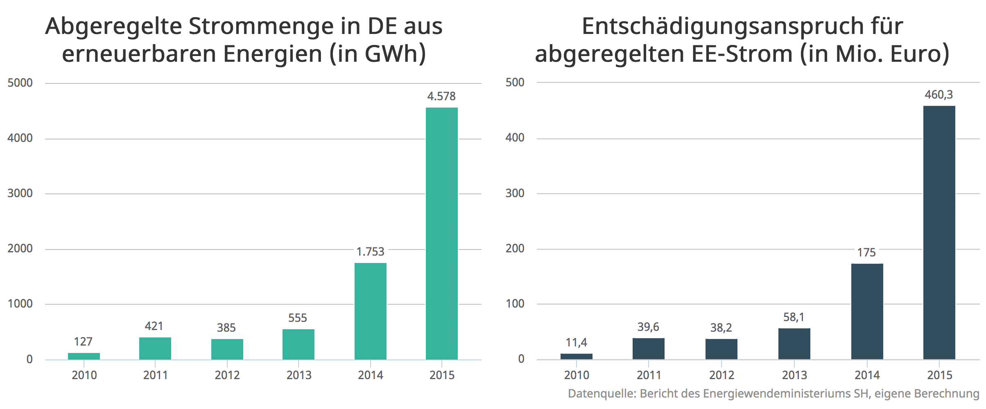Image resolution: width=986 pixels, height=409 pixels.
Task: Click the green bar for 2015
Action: coord(441,233)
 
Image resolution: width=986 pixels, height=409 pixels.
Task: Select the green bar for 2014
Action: coord(370,311)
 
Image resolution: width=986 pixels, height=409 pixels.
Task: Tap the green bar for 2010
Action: coord(84,356)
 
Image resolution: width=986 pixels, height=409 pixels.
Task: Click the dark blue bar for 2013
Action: coord(794,344)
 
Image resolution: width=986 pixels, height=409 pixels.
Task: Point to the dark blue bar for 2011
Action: coord(648,348)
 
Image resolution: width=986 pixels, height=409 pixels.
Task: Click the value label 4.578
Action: coord(441,97)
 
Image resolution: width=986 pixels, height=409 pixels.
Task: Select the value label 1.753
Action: coord(370,252)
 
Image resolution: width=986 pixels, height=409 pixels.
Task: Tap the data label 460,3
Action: coord(939,95)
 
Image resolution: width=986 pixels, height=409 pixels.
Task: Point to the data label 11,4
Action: coord(576,343)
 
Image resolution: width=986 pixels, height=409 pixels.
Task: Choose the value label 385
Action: coord(226,328)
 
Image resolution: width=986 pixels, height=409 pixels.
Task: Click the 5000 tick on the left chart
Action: coord(20,83)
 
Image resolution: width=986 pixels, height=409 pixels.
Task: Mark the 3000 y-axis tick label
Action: coord(20,193)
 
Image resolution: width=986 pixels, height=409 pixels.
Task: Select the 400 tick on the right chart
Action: coord(515,138)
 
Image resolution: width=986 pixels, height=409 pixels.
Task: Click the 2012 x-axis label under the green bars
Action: coord(227,375)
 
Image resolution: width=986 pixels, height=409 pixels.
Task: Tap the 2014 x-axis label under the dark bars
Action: coord(867,375)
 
